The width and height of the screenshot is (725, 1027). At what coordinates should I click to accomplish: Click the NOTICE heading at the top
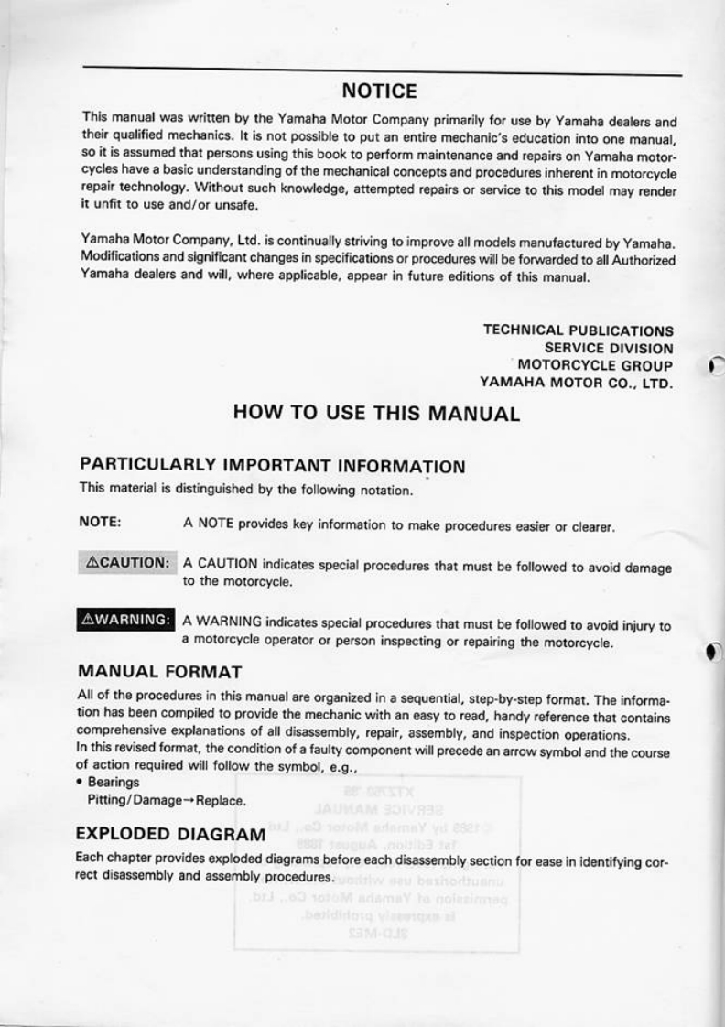point(379,92)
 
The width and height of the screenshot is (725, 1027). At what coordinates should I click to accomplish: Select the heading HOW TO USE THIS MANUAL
point(376,413)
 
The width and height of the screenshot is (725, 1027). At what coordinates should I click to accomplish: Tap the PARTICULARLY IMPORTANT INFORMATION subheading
point(273,466)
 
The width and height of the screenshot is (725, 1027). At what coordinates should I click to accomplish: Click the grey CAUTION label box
point(125,561)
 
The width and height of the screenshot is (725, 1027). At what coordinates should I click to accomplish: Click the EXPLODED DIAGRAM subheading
point(171,835)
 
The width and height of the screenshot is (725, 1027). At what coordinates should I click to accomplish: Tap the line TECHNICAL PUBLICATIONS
point(578,330)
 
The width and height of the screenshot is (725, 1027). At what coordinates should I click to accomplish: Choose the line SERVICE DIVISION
point(609,348)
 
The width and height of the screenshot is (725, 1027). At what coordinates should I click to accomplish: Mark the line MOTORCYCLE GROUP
point(596,365)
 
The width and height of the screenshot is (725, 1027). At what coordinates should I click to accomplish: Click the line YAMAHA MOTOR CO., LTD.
point(577,383)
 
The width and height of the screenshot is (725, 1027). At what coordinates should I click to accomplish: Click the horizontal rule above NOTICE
point(382,70)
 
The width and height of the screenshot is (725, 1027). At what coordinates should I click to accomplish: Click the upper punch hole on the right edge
point(715,367)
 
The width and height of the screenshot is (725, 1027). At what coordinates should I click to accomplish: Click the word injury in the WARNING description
point(639,627)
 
